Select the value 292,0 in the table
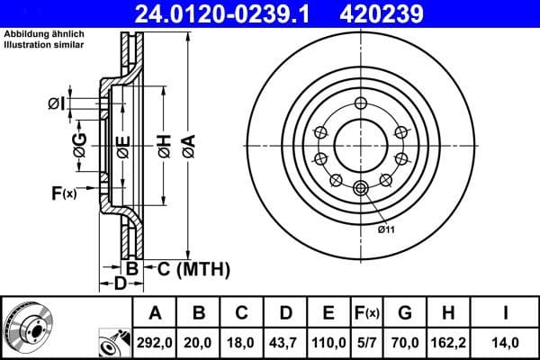click(x=155, y=342)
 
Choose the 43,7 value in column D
click(x=284, y=342)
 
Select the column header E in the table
click(x=328, y=312)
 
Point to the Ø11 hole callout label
click(x=387, y=230)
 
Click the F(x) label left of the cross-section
click(x=64, y=193)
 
